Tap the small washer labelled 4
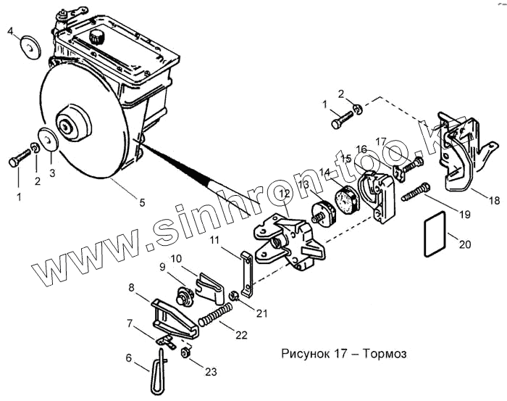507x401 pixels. click(x=30, y=45)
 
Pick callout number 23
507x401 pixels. click(x=211, y=372)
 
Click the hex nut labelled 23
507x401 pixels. click(x=185, y=353)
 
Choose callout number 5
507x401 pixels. click(x=142, y=202)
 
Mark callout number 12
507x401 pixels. click(x=283, y=193)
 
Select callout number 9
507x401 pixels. click(x=164, y=267)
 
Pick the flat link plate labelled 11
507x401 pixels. click(x=246, y=273)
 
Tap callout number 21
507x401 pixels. click(x=261, y=313)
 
